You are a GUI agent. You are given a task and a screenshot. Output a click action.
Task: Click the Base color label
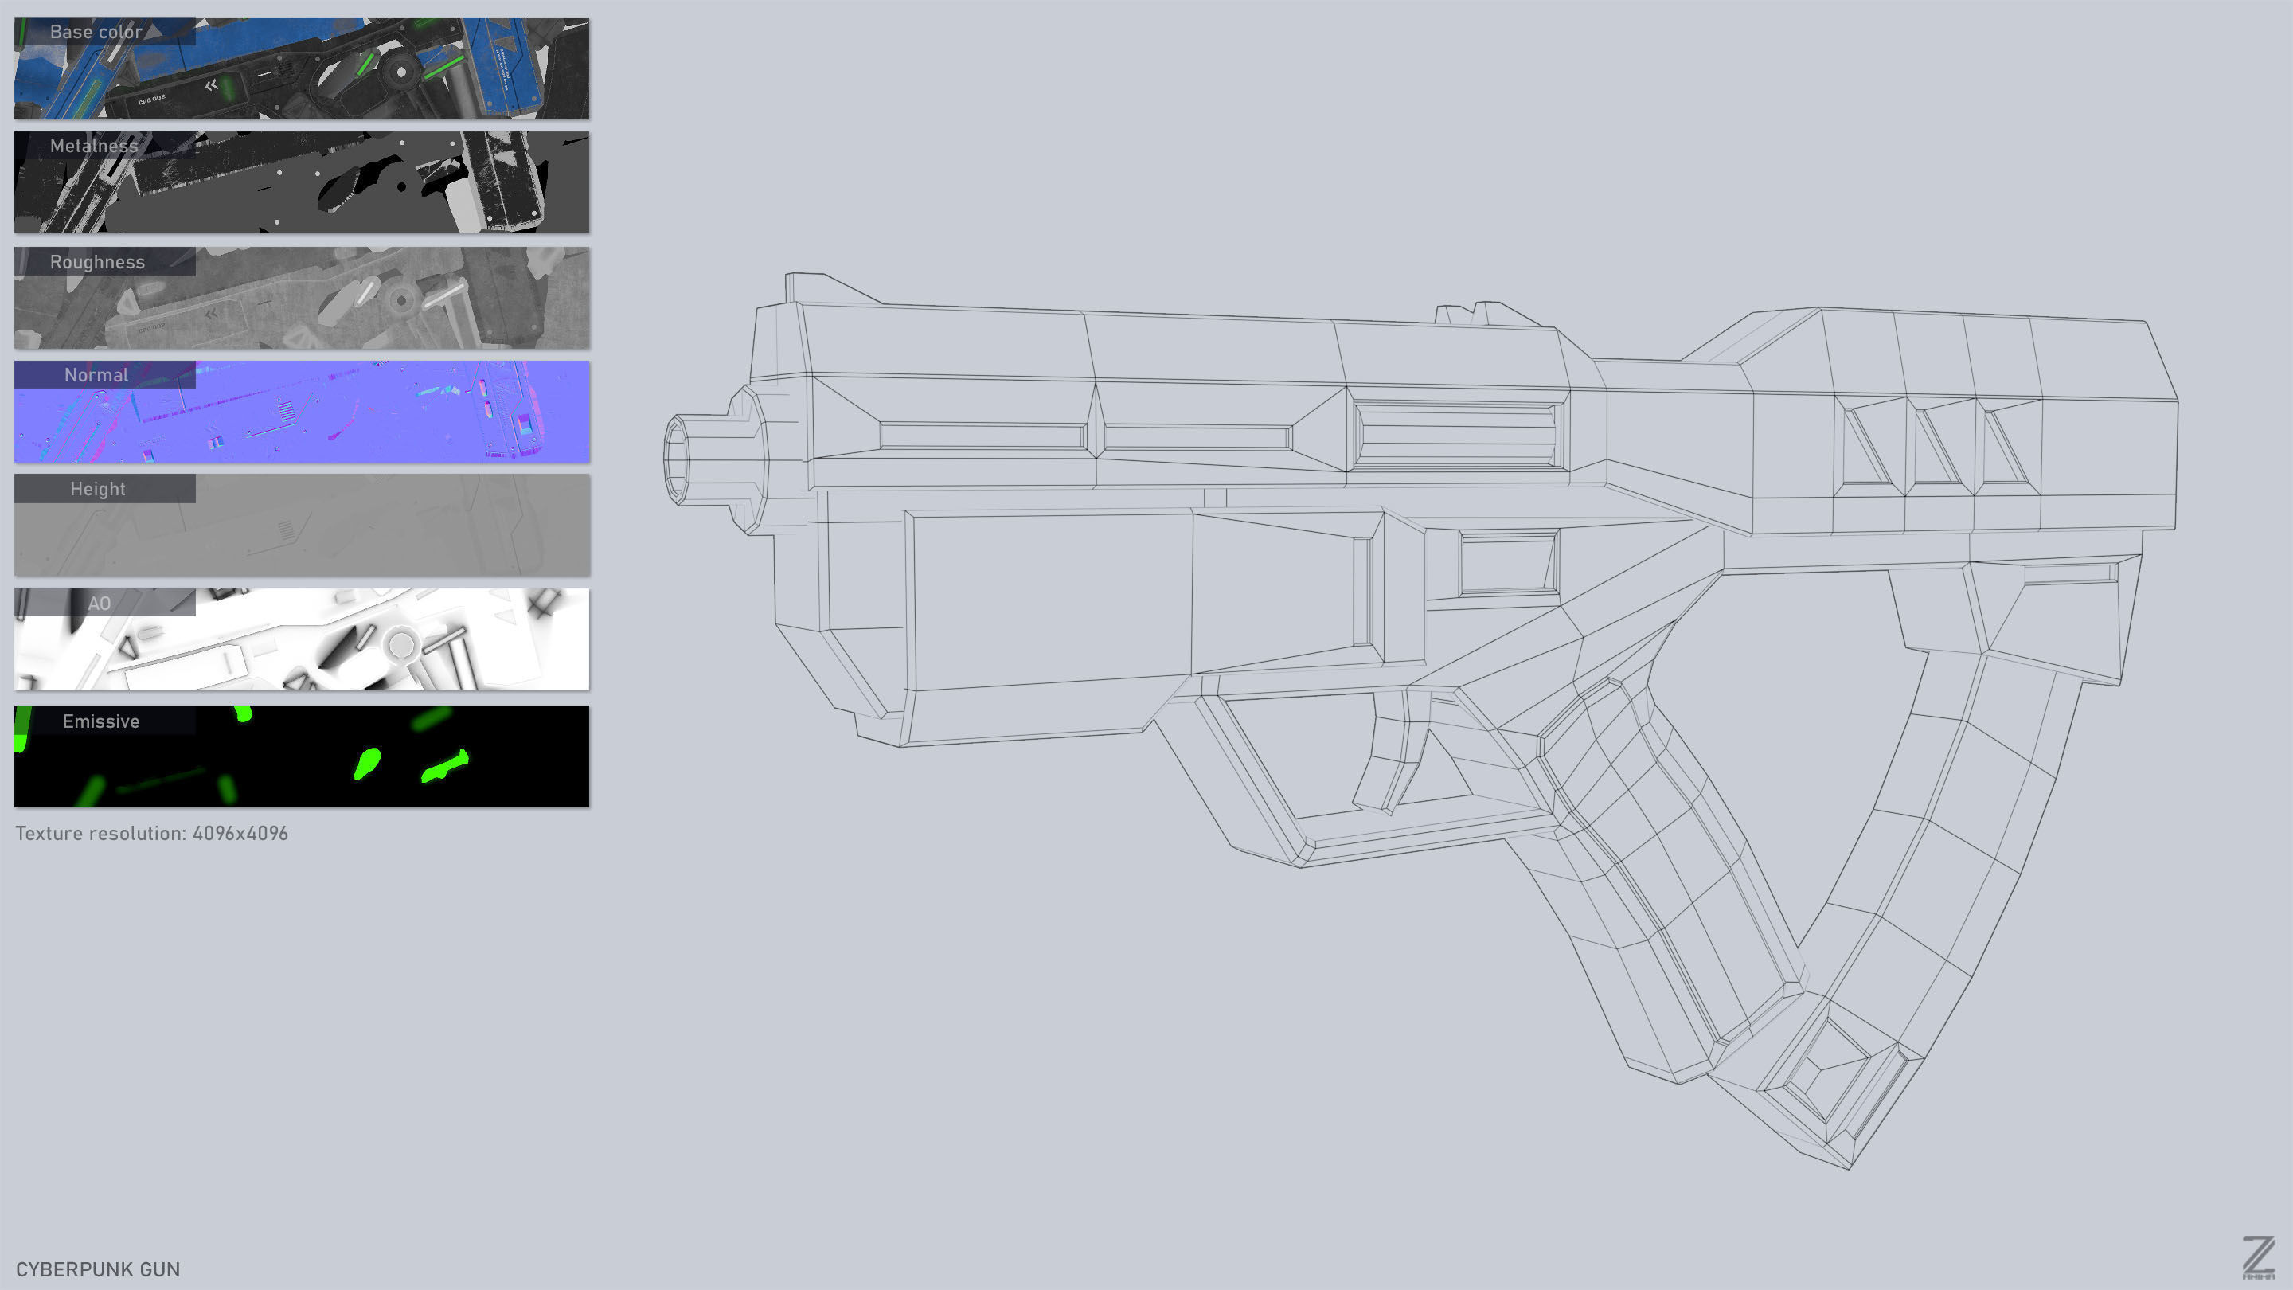click(96, 32)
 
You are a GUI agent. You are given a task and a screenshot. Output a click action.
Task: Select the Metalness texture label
click(93, 146)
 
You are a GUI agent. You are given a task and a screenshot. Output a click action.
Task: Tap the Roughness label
click(97, 262)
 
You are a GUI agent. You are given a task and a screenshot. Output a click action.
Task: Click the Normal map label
click(96, 375)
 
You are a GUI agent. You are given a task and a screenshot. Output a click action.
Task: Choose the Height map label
click(98, 489)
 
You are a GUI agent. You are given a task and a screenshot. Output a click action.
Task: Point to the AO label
click(99, 604)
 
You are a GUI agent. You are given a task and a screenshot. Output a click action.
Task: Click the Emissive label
click(100, 721)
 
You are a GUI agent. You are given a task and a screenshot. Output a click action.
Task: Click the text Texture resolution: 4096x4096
click(151, 833)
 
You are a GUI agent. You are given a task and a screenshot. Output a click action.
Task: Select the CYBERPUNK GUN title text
click(98, 1269)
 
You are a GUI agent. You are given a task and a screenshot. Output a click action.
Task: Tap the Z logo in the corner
click(2258, 1257)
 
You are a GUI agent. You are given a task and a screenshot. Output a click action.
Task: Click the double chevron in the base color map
click(211, 85)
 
